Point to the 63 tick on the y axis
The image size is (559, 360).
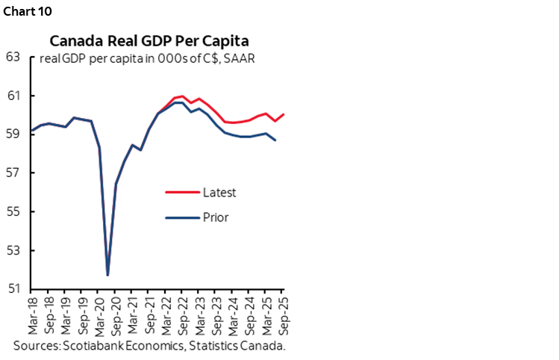tap(13, 57)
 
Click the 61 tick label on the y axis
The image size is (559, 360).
tap(13, 96)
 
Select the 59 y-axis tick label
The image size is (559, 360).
tap(13, 134)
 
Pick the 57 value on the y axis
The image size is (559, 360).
tap(13, 173)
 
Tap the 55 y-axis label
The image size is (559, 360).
tap(13, 211)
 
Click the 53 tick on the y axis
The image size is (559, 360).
tap(13, 250)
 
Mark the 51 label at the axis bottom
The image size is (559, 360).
tap(13, 289)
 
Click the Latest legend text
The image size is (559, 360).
tap(219, 193)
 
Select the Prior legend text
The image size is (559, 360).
tap(215, 218)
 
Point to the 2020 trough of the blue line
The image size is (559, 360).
tap(107, 275)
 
